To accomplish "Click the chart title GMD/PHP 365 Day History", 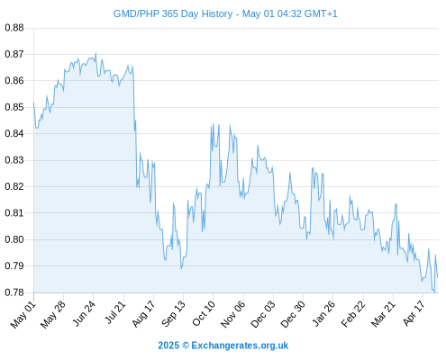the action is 173,13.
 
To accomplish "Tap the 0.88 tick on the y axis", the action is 14,28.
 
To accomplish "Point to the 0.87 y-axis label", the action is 14,54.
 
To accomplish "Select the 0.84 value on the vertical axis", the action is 14,133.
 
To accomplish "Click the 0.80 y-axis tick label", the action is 14,239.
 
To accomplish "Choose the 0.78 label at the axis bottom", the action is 14,292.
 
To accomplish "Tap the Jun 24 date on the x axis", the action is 84,313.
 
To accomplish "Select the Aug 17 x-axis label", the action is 143,314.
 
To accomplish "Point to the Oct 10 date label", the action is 204,314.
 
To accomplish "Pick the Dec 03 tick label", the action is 262,314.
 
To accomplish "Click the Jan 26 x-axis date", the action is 323,313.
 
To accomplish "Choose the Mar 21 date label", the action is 383,314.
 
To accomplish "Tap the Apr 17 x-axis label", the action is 414,313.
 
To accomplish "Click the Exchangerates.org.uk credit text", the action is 240,346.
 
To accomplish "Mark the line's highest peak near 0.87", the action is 96,52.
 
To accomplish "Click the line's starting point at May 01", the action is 33,103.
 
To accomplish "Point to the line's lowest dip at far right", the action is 434,292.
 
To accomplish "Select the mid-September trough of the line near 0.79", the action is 181,268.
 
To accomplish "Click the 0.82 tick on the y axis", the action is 14,186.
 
